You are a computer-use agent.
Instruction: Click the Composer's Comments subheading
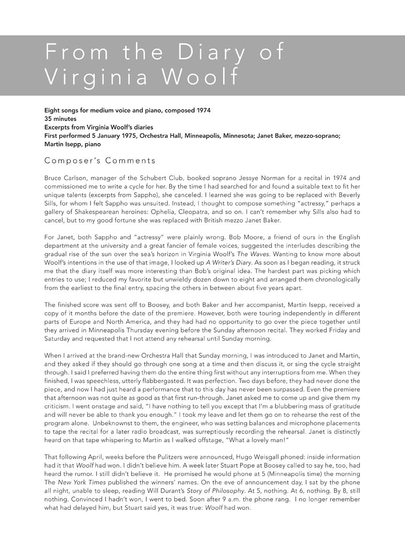(100, 161)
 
